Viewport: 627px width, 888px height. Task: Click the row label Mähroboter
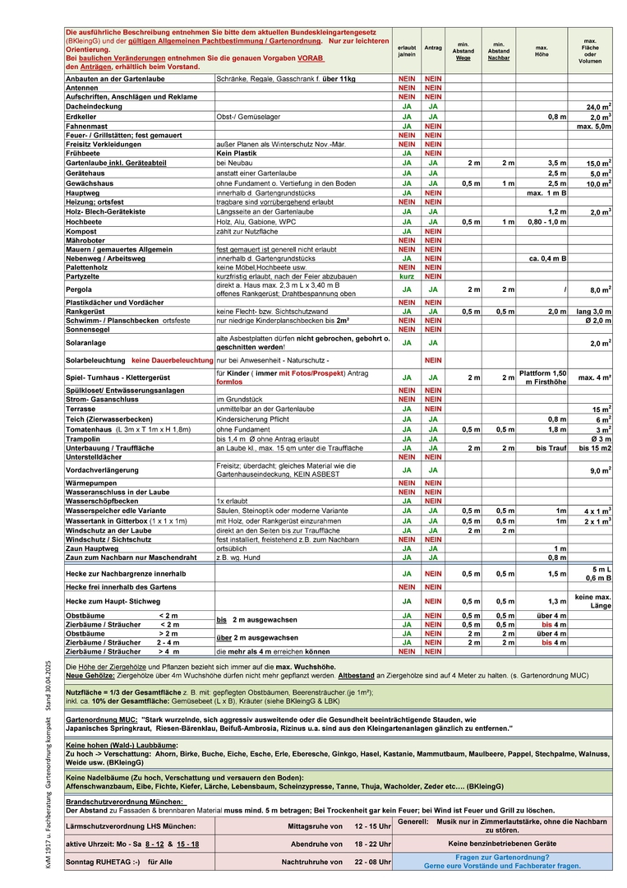click(88, 239)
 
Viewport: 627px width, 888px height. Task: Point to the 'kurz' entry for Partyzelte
click(406, 275)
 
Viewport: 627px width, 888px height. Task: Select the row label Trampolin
click(85, 439)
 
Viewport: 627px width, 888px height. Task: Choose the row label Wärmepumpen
click(93, 483)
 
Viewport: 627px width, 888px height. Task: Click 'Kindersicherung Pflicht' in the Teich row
click(252, 419)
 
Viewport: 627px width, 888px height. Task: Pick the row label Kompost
click(83, 230)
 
